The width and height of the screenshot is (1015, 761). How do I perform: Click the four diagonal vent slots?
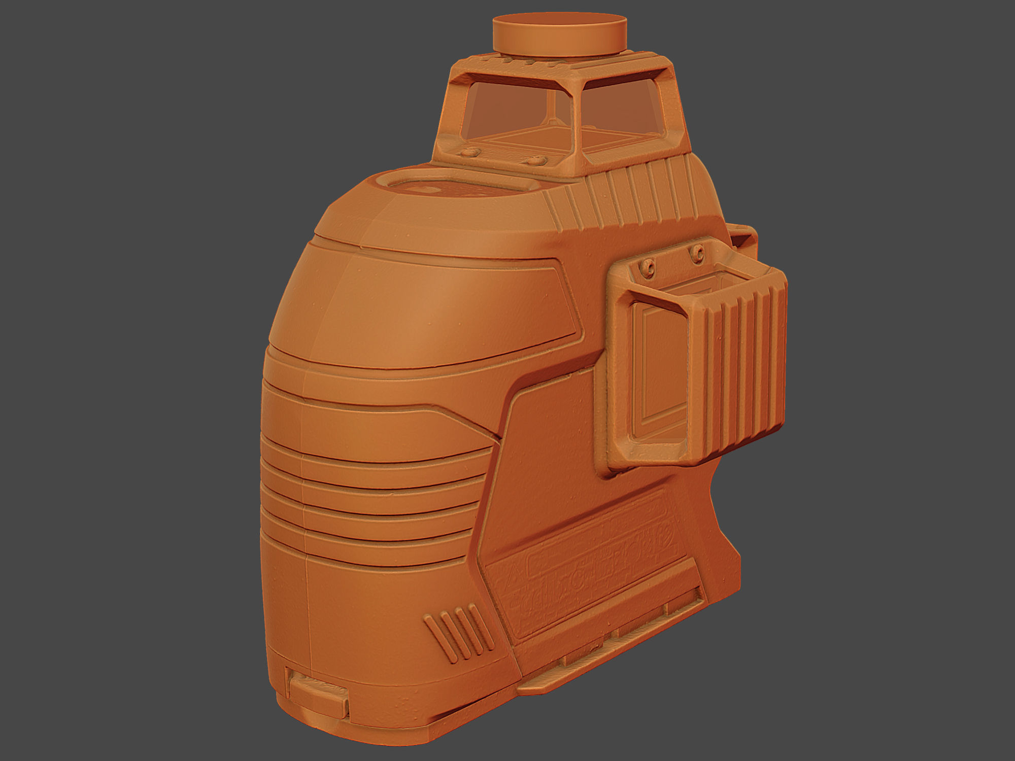459,632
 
